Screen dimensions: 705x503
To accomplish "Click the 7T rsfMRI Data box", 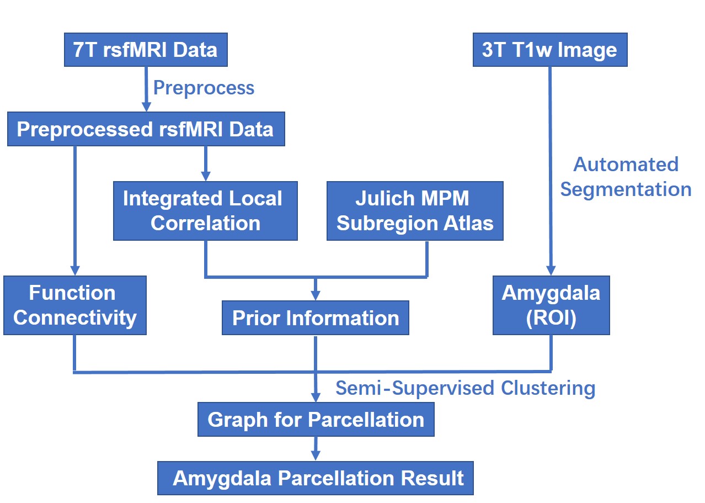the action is pos(146,50).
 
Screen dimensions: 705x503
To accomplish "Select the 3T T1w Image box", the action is pos(550,50).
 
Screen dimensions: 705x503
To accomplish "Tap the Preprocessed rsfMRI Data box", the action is pos(146,129).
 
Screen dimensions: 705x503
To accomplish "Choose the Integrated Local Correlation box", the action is pos(205,211).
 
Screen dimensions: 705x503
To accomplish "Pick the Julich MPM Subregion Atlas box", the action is pos(415,211).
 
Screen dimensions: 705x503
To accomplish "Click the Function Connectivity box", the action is pos(75,305).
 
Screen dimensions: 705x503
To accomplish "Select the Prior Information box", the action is pos(316,318).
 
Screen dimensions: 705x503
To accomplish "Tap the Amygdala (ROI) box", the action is pos(551,305).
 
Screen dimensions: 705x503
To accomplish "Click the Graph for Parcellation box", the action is pos(316,419).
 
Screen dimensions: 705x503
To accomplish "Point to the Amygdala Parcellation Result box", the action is pos(316,478).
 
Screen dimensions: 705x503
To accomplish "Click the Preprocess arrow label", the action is pos(204,88).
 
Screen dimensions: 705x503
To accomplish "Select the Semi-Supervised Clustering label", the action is pos(465,388).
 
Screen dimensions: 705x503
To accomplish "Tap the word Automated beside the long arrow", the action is pos(626,164).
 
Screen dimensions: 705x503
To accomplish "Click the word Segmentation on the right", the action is pos(626,189).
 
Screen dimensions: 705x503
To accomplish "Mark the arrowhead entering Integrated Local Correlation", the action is pos(206,176).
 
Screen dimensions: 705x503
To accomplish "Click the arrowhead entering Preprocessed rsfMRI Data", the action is pos(146,107).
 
